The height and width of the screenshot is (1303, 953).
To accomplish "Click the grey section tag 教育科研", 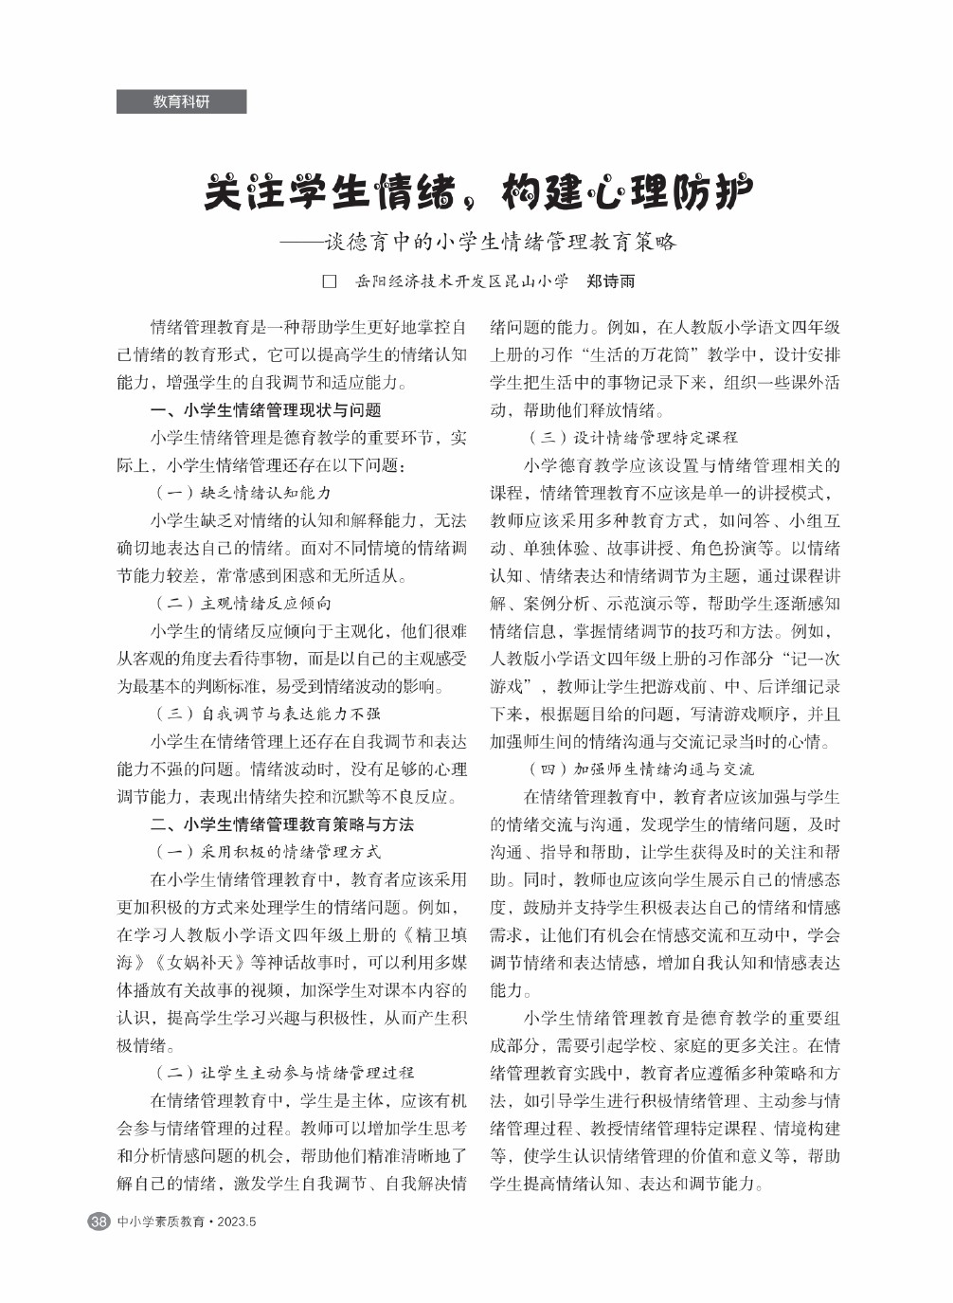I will click(x=181, y=101).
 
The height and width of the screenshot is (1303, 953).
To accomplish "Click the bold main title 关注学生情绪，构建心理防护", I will click(x=478, y=192).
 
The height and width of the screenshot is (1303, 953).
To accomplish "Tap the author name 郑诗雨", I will click(x=610, y=281).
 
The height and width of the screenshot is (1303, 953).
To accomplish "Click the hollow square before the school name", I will click(x=330, y=281).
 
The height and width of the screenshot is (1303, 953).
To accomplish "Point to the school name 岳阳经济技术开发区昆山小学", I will click(x=461, y=281).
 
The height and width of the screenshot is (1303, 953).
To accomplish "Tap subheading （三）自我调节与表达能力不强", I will click(x=267, y=714).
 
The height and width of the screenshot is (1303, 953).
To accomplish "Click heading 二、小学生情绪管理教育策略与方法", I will click(x=282, y=824).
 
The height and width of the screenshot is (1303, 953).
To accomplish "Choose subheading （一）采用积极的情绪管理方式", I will click(x=267, y=852).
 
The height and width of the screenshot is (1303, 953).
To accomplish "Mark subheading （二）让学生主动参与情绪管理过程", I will click(x=284, y=1073).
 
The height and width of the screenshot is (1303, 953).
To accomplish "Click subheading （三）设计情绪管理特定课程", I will click(x=633, y=438).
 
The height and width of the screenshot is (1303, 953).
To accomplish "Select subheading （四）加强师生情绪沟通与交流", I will click(x=641, y=769).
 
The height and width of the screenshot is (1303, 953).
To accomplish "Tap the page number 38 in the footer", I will click(x=99, y=1222).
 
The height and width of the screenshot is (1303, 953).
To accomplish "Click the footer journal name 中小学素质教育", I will click(x=160, y=1222).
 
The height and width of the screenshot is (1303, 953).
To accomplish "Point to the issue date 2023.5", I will click(x=237, y=1222).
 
